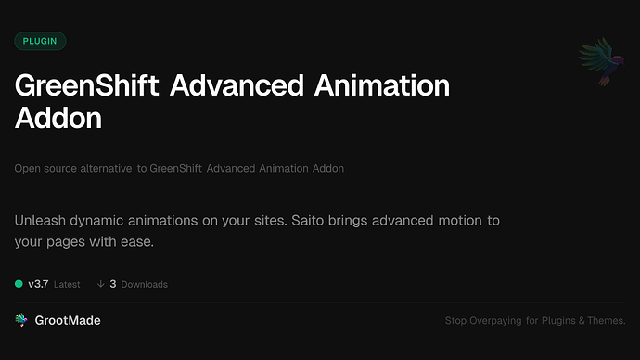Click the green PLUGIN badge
[x=40, y=41]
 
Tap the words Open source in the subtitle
[x=45, y=168]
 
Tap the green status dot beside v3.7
[x=19, y=284]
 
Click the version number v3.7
[x=38, y=284]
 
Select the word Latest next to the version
[x=67, y=284]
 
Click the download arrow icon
[x=100, y=284]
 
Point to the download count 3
[x=112, y=284]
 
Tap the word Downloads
[x=144, y=284]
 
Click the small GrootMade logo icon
[x=21, y=320]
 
